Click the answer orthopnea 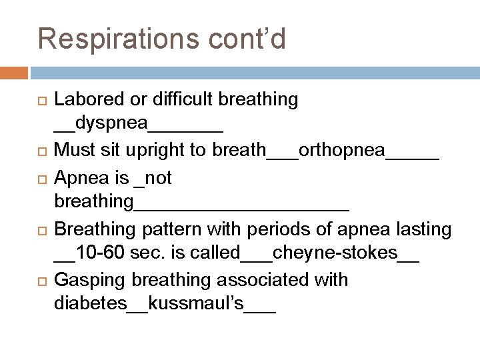[342, 150]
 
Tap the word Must [72, 150]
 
